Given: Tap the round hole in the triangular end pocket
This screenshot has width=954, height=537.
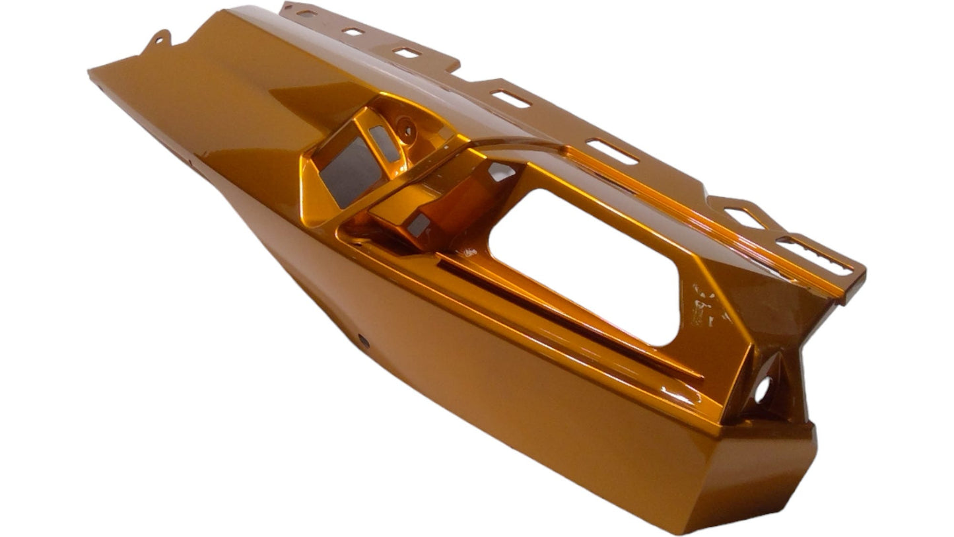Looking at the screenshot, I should [763, 390].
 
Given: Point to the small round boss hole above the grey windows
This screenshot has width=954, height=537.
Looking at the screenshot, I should [406, 128].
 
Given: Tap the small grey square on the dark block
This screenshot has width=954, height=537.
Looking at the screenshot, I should [417, 225].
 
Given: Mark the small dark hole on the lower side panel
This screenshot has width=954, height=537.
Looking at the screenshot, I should [362, 340].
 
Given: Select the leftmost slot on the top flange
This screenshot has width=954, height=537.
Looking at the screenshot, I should [306, 13].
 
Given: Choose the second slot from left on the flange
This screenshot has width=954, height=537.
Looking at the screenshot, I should [353, 31].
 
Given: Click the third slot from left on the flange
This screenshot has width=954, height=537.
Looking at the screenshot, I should [407, 52].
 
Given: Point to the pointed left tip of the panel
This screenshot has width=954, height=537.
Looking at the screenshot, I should [92, 71].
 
